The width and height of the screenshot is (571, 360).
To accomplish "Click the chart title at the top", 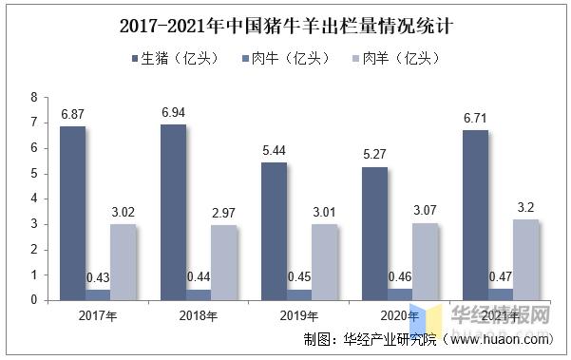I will (285, 25).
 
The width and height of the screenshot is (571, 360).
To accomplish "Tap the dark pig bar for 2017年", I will (72, 213).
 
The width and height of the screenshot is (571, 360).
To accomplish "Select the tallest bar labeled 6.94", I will (174, 212).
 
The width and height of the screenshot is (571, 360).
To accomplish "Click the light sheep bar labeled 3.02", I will (123, 261).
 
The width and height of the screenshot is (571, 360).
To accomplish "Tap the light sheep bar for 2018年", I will (224, 262).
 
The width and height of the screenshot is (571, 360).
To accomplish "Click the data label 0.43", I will (98, 277).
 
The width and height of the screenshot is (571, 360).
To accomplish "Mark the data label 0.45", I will (301, 277).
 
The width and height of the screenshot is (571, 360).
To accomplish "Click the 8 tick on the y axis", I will (34, 98).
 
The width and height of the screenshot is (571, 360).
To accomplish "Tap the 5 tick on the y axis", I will (34, 174).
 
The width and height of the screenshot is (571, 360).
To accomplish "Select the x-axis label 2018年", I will (199, 315).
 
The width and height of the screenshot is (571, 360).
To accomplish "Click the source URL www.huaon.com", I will (504, 339).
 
